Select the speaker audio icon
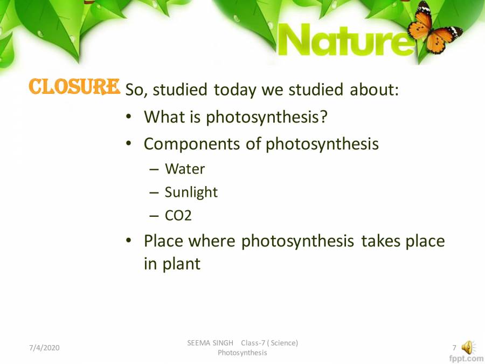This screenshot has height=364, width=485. tap(467, 348)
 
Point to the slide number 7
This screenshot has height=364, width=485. tap(454, 348)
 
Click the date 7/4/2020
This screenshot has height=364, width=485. tap(44, 348)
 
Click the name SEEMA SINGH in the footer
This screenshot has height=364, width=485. tap(210, 343)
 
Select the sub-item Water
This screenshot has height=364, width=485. tap(185, 169)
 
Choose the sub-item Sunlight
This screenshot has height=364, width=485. tap(191, 192)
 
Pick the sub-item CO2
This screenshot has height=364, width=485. tap(178, 216)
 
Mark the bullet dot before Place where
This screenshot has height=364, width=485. tap(129, 241)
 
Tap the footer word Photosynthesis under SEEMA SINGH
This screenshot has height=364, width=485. tap(242, 353)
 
